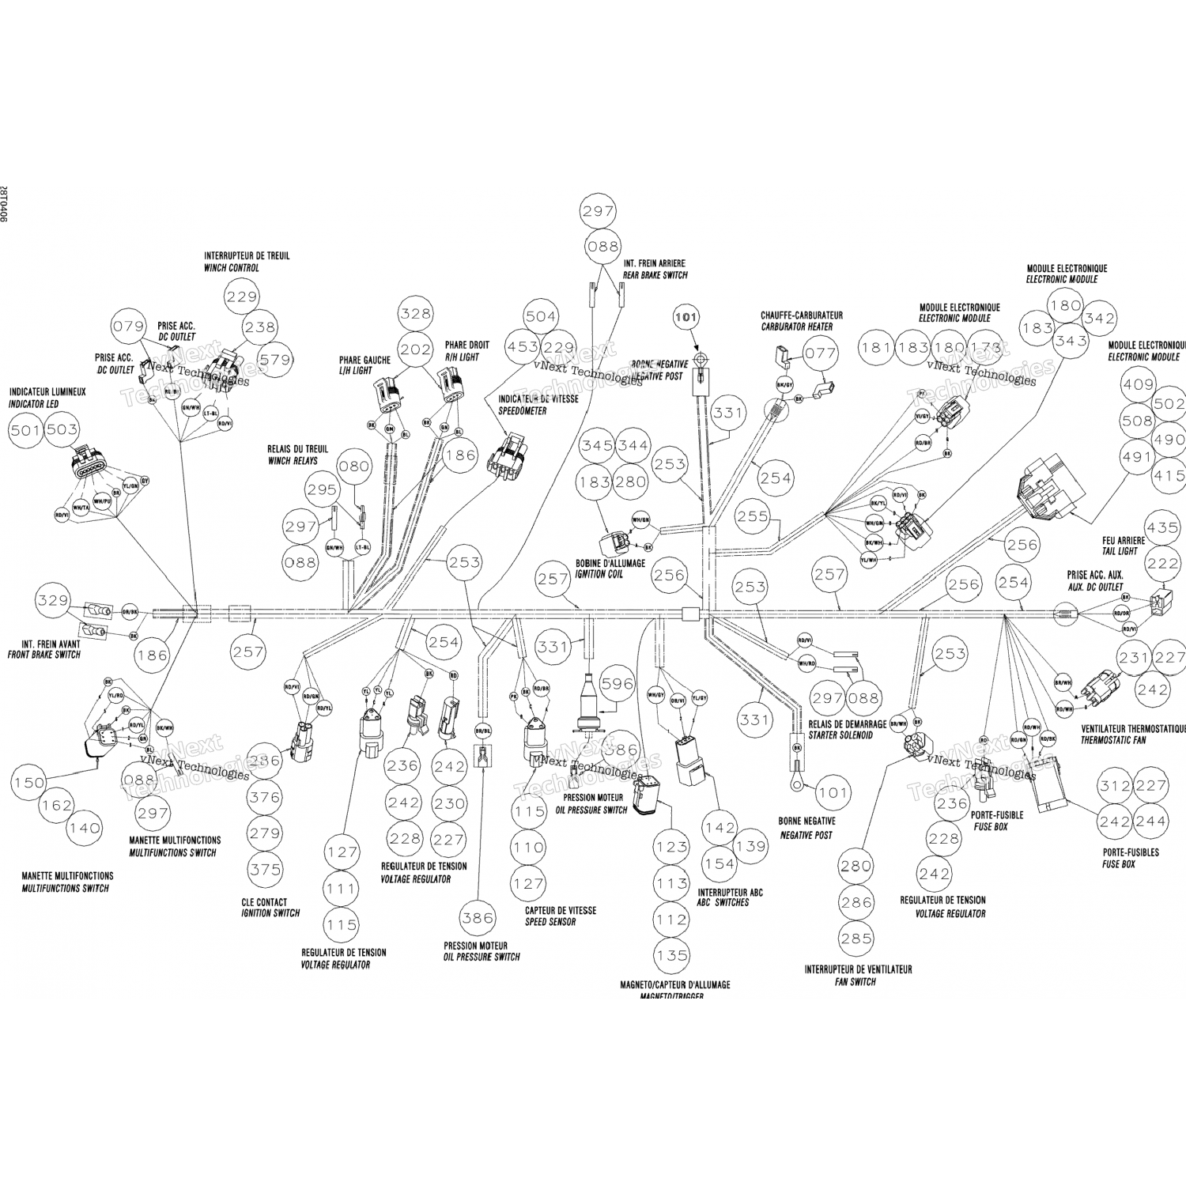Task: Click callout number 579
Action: (276, 360)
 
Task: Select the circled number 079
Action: (129, 327)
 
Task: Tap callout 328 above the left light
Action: (416, 314)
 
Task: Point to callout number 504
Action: (541, 316)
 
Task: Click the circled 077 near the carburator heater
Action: (822, 353)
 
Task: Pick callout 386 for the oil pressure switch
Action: (478, 918)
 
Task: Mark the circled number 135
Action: (671, 955)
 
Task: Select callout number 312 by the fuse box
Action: (1115, 786)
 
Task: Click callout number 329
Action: (54, 601)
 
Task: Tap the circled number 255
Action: (752, 516)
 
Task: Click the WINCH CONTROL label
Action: (232, 268)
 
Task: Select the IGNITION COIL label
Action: (599, 574)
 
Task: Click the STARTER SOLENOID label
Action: (840, 735)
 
